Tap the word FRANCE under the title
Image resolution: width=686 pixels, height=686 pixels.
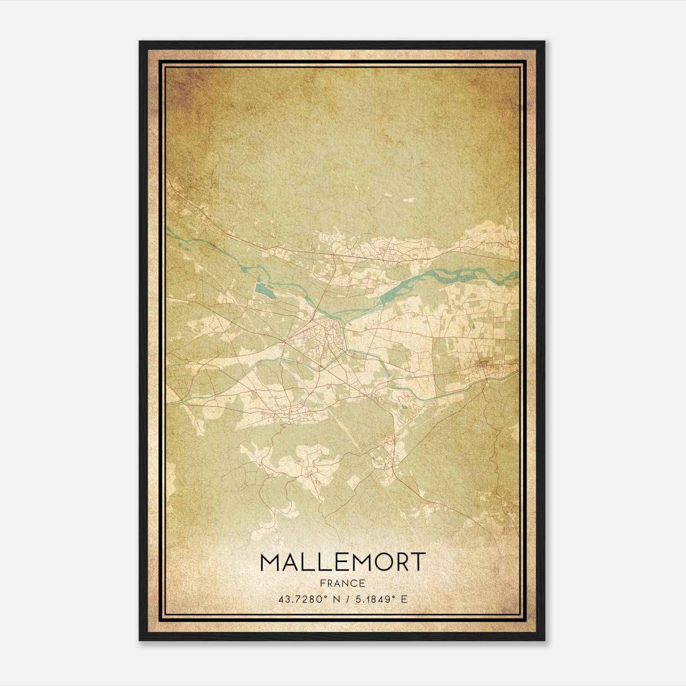pos(343,583)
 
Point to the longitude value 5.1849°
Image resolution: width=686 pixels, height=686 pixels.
pos(373,599)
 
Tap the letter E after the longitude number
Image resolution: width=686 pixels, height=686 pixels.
pos(403,599)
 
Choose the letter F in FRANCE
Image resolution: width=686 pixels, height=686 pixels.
pos(322,583)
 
